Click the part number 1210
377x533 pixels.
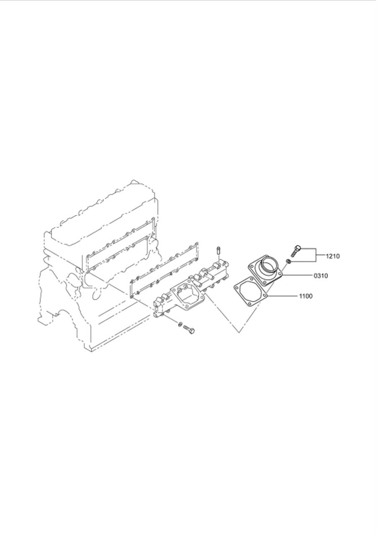[x=333, y=256]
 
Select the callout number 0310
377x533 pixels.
[x=320, y=276]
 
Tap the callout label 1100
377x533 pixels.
[x=306, y=296]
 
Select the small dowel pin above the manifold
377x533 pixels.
[x=217, y=250]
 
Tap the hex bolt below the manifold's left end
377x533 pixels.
[x=189, y=330]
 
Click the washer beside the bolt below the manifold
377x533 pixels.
[x=180, y=323]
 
